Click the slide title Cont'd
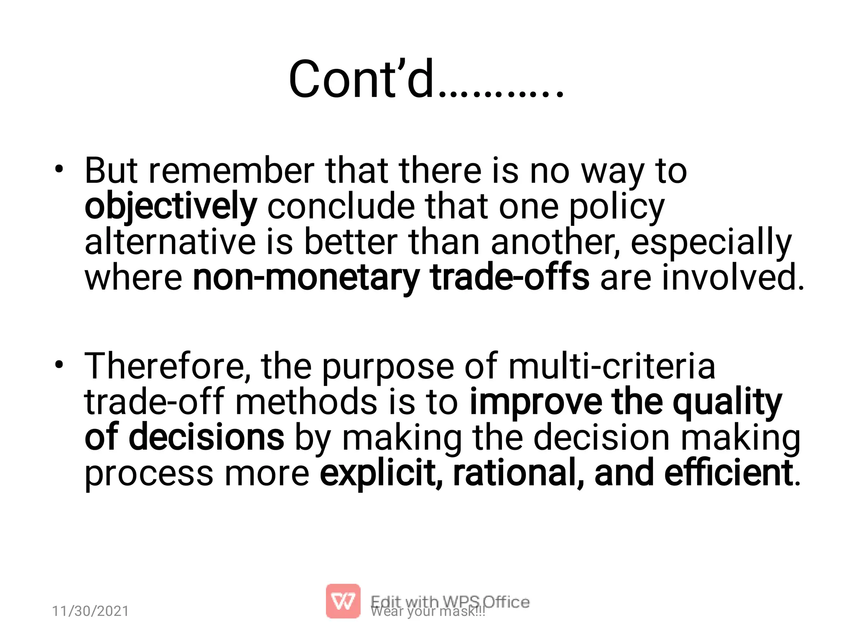click(x=425, y=79)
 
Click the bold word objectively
click(x=171, y=206)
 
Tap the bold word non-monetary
click(x=306, y=278)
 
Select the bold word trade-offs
click(x=510, y=278)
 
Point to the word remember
click(x=231, y=171)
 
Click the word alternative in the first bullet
click(x=170, y=242)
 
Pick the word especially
click(x=711, y=242)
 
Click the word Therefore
click(x=167, y=366)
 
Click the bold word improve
click(x=535, y=402)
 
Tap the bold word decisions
click(x=206, y=437)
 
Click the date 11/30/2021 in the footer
click(x=90, y=611)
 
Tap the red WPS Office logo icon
click(x=343, y=601)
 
